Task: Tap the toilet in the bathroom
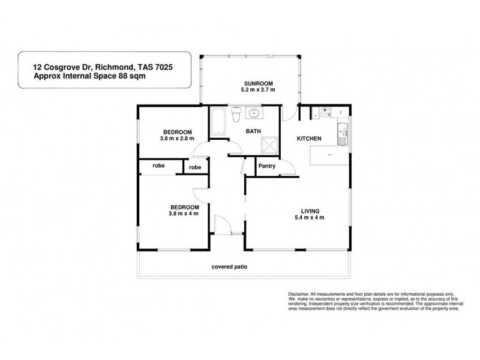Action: point(237,113)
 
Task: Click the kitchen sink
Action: point(343,133)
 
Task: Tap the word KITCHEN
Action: point(310,139)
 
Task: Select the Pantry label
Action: point(266,166)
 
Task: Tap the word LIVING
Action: point(310,210)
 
